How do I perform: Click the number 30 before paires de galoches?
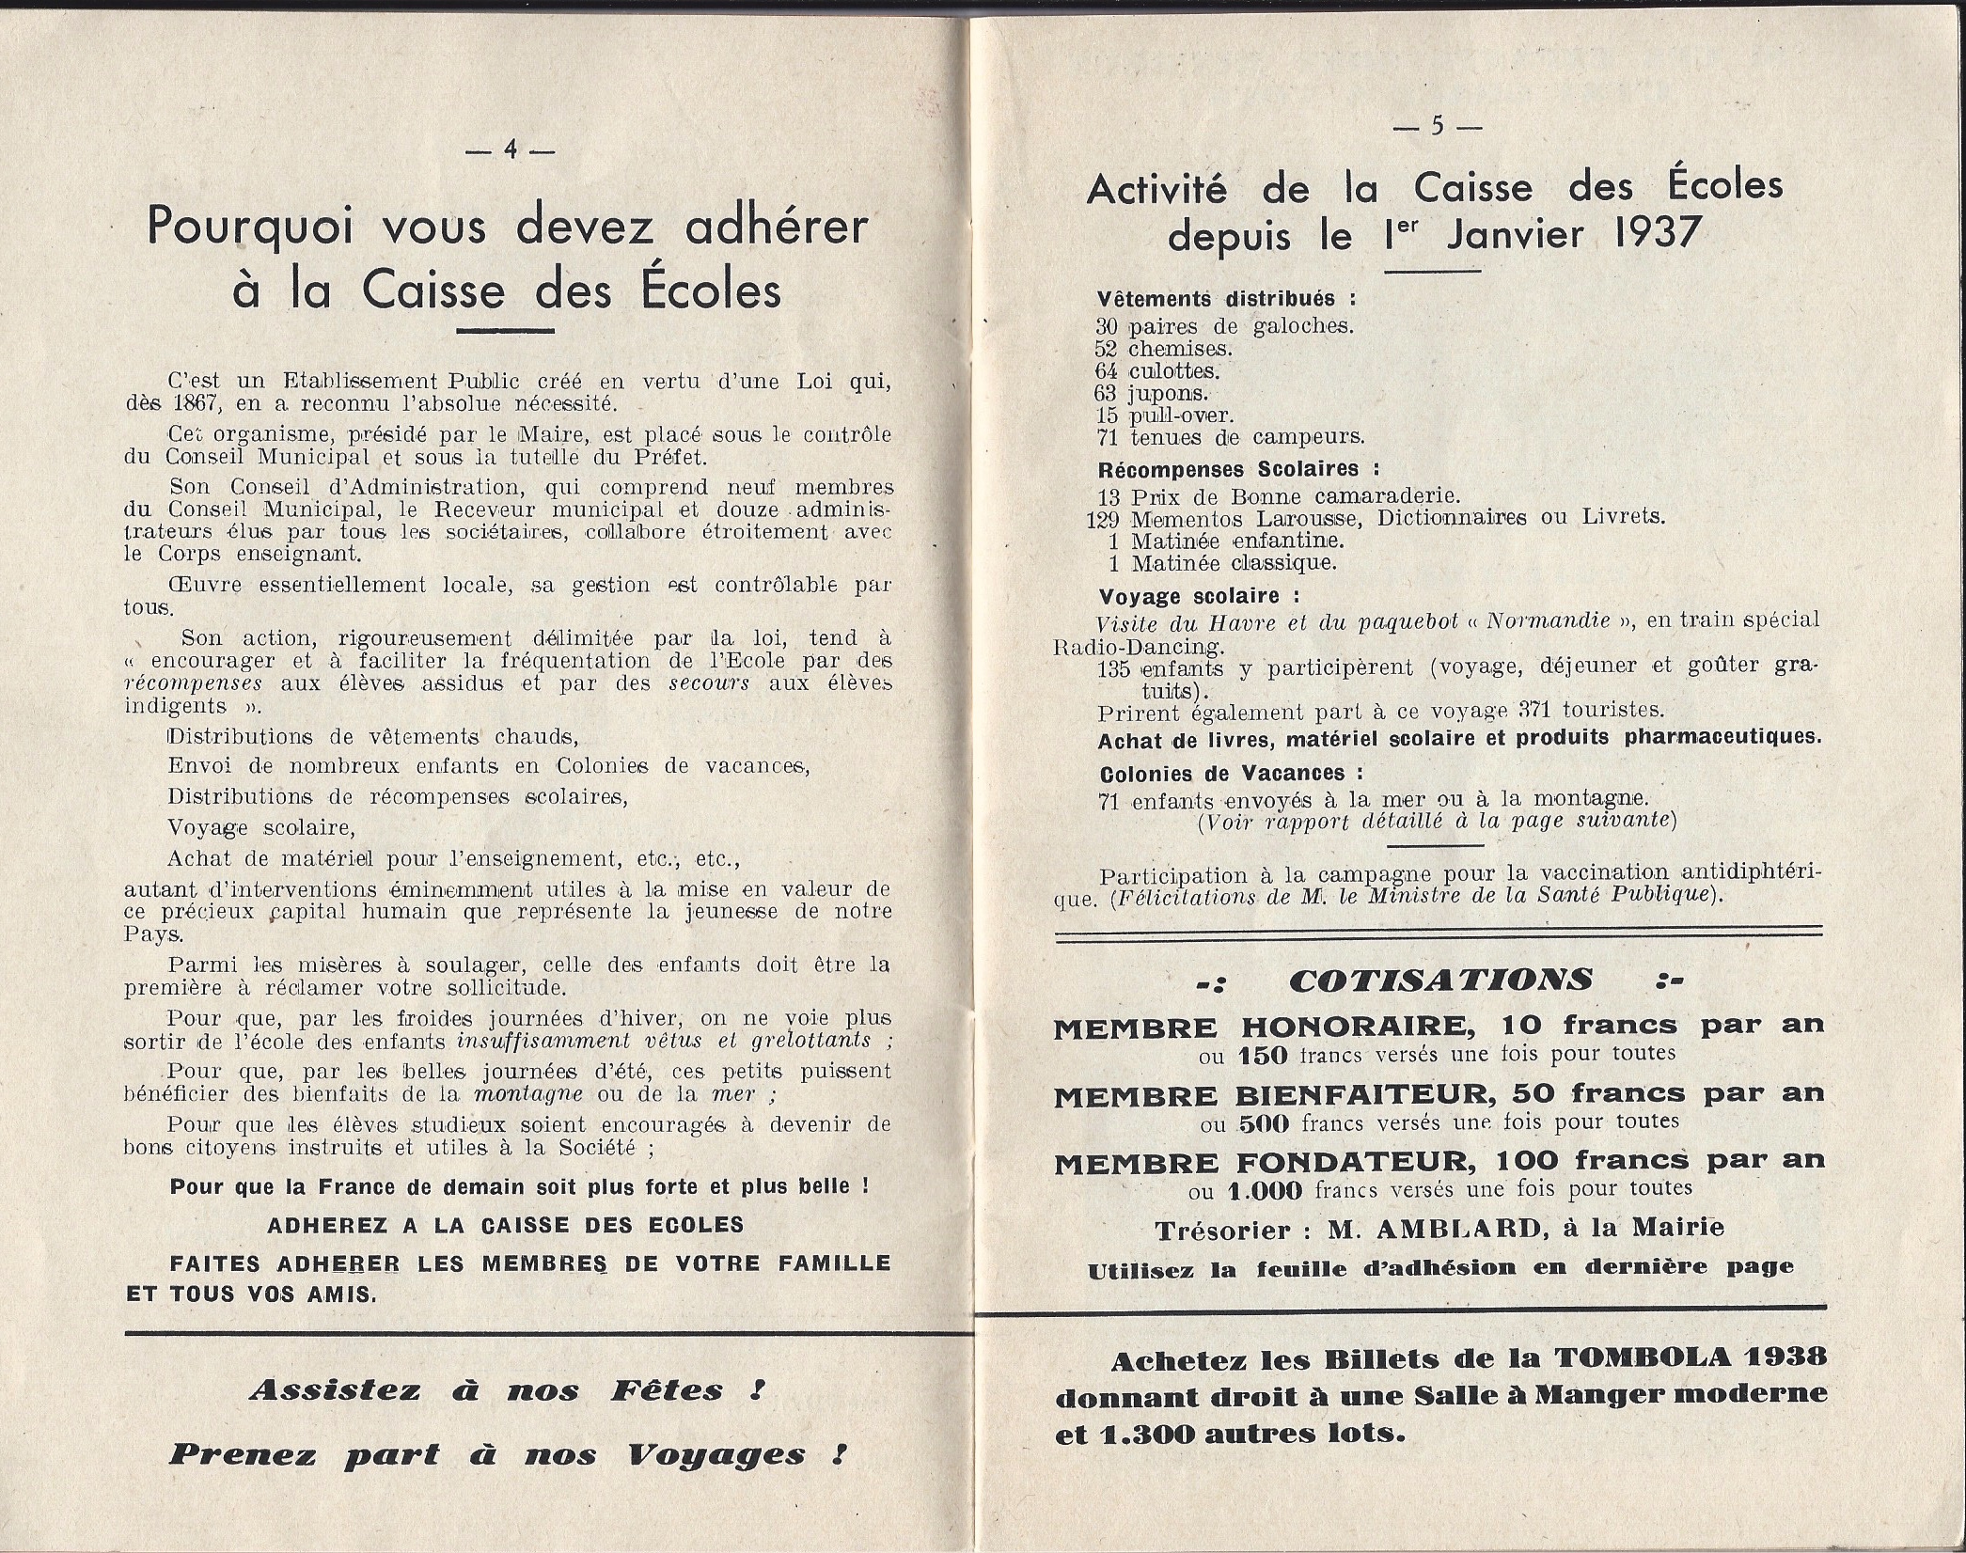1107,327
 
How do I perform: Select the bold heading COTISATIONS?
1441,980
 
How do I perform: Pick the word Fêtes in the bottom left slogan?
667,1390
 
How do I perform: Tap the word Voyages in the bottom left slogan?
716,1456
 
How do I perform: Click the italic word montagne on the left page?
527,1094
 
